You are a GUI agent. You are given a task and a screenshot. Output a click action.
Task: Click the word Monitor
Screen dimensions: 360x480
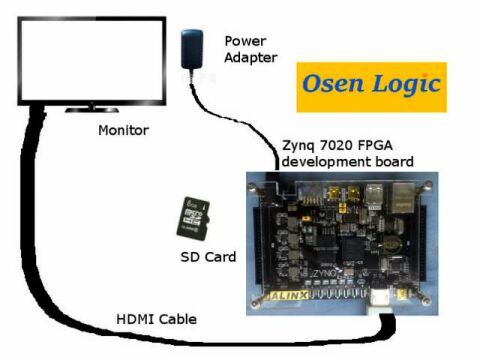[124, 131]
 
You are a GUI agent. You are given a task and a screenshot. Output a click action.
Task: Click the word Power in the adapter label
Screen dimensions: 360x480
[245, 41]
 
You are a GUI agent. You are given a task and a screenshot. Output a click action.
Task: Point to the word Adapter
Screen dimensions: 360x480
[251, 58]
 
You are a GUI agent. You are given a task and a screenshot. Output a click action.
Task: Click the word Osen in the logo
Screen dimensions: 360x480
[335, 86]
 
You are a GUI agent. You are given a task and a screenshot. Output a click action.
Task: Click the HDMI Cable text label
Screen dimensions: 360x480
[154, 319]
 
